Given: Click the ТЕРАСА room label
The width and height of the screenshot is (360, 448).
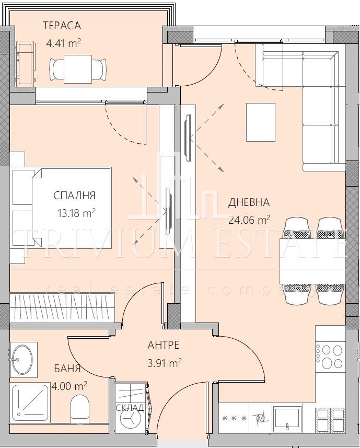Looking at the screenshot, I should point(62,26).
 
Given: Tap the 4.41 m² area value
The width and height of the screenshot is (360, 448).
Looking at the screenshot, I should point(63,43).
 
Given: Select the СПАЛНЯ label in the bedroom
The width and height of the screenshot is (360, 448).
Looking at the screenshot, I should point(74,196).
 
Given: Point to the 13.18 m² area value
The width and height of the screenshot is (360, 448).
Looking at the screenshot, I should point(76,213).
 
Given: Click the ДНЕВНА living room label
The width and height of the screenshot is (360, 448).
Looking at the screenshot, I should point(249,202).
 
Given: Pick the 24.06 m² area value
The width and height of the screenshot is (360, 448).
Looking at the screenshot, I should point(249,220).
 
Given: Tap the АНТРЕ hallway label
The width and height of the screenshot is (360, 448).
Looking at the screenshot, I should point(164,345).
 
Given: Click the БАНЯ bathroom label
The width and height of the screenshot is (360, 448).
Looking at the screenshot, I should point(67,369).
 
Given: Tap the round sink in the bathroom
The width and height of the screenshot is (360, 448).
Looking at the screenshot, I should point(22,359).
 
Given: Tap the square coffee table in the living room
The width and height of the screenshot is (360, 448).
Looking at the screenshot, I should point(260,122).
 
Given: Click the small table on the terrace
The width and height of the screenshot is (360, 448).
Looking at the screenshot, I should point(78,68).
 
